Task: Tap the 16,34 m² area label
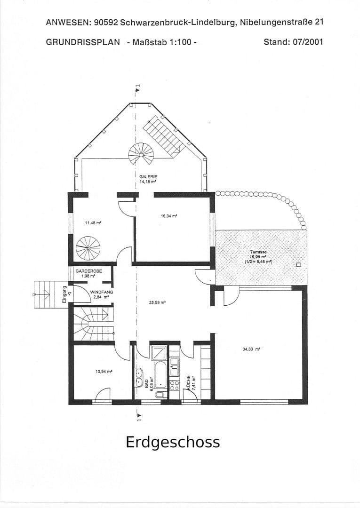click(168, 216)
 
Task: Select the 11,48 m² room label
click(93, 222)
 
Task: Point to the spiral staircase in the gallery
click(141, 154)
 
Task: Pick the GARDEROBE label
click(88, 271)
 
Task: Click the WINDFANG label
click(102, 292)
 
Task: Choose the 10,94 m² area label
click(104, 371)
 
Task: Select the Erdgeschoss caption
click(173, 443)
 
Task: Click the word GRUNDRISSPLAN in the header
click(83, 42)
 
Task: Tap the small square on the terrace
click(297, 264)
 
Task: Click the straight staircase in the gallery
click(162, 134)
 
